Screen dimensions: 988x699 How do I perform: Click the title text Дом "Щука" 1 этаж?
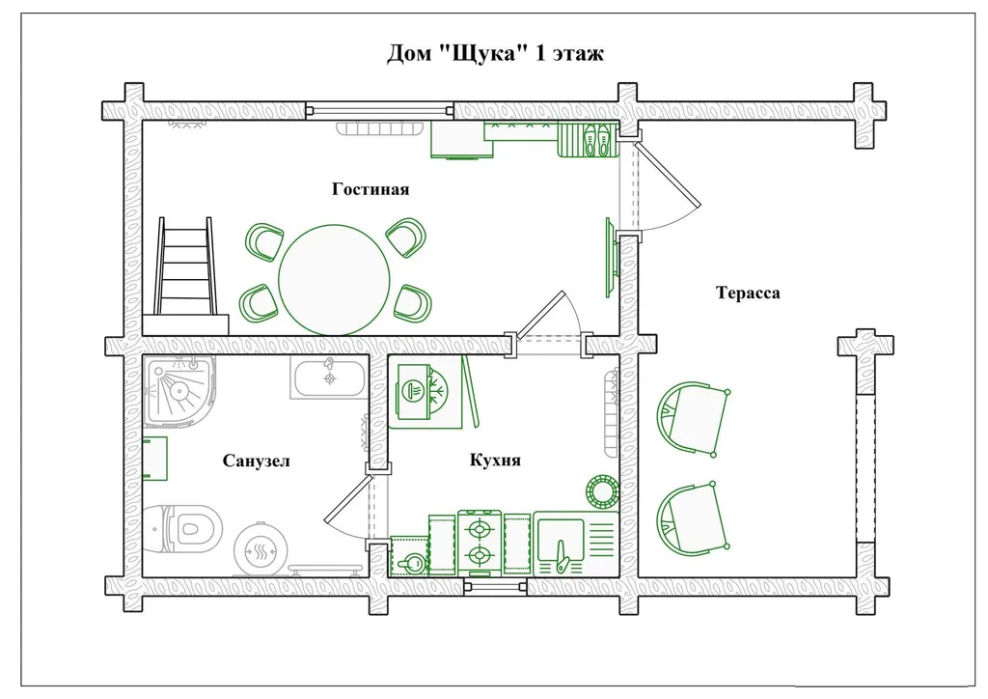click(x=495, y=53)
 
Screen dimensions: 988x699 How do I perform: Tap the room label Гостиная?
click(x=370, y=189)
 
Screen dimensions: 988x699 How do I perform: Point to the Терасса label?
click(x=748, y=293)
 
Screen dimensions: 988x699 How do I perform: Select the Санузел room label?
click(x=257, y=461)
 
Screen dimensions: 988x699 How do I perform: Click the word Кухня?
click(x=495, y=461)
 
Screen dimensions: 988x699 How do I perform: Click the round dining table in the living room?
click(x=334, y=280)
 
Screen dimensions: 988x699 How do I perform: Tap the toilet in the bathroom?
click(x=182, y=528)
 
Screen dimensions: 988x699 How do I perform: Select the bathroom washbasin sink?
click(x=328, y=377)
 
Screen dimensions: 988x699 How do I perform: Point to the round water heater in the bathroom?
click(x=261, y=549)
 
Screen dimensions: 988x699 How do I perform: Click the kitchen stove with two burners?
click(x=480, y=543)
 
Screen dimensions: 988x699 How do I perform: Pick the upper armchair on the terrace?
click(x=693, y=417)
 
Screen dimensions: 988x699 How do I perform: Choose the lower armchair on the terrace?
click(x=693, y=519)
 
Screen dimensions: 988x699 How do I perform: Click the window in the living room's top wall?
click(x=380, y=111)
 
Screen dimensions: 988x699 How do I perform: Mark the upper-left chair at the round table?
click(x=263, y=240)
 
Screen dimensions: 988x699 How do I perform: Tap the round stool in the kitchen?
click(x=602, y=490)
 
